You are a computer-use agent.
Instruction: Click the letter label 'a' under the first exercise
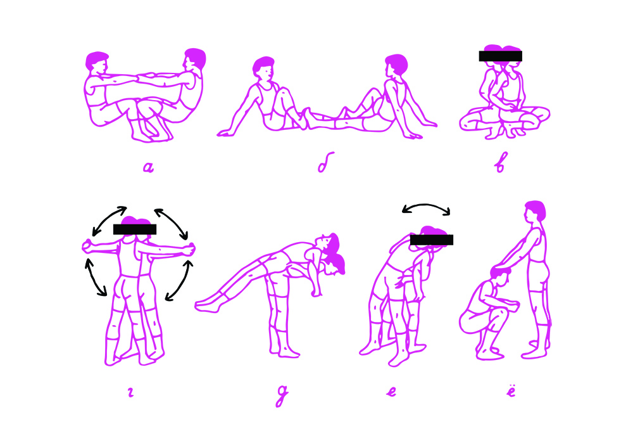(149, 167)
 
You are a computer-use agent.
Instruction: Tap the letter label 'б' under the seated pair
(325, 162)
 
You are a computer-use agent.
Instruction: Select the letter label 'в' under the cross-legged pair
(500, 162)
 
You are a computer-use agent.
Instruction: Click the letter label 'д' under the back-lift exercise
(282, 395)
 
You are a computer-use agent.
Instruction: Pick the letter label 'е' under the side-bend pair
(391, 391)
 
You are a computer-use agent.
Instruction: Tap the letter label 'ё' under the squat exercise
(511, 390)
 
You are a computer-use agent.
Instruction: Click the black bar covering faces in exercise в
(500, 56)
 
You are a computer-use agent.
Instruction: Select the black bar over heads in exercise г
(134, 229)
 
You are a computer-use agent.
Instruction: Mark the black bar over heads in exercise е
(432, 240)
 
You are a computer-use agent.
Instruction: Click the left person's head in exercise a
(97, 61)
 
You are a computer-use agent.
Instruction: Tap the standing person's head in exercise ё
(536, 211)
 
